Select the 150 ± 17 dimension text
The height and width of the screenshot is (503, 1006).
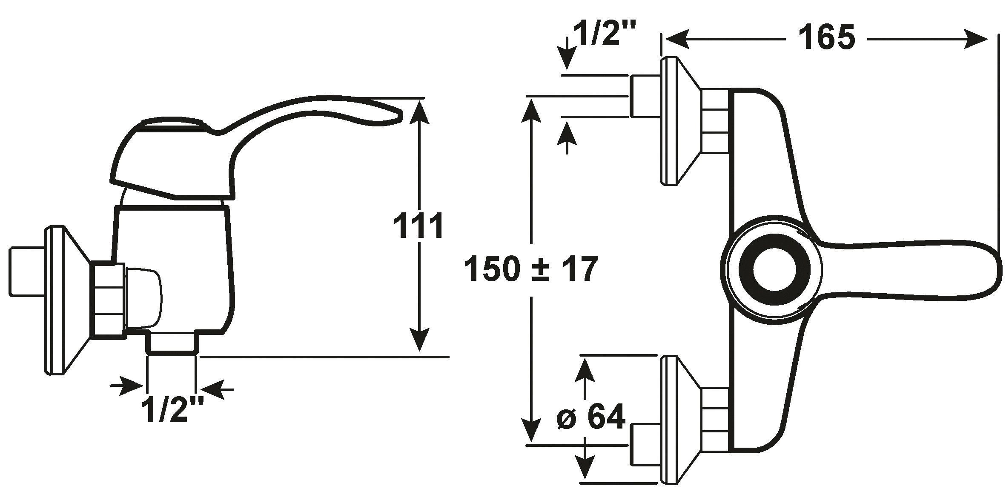tap(531, 269)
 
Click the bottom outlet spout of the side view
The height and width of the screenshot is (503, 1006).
tap(172, 343)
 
